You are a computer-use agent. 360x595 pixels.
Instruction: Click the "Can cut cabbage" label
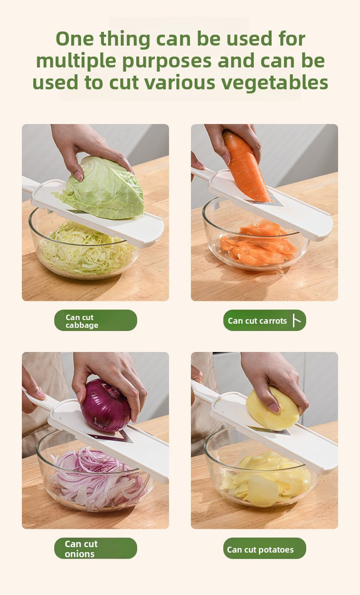click(x=96, y=321)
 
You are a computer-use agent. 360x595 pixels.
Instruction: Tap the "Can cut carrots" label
click(x=264, y=321)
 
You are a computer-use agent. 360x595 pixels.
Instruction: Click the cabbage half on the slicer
click(x=103, y=187)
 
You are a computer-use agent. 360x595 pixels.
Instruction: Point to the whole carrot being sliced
click(x=246, y=166)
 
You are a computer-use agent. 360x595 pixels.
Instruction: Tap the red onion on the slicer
click(x=106, y=406)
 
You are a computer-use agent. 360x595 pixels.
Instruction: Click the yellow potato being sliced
click(x=272, y=408)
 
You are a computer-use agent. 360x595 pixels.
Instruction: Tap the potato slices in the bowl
click(x=266, y=478)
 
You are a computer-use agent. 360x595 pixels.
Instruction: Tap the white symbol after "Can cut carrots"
click(x=297, y=321)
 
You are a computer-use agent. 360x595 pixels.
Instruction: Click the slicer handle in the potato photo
click(x=205, y=389)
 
